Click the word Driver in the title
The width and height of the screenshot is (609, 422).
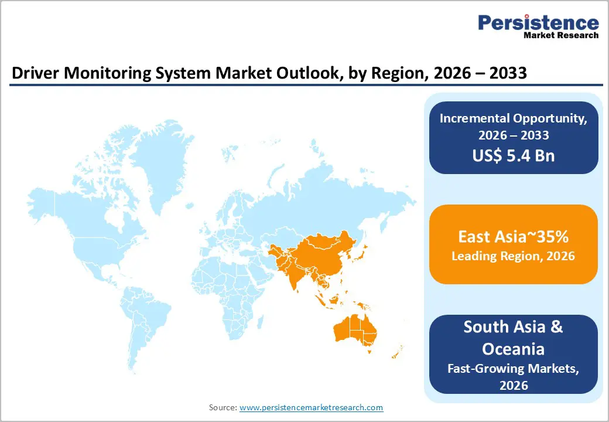(x=32, y=75)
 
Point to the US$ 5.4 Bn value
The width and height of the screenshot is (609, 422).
(x=514, y=155)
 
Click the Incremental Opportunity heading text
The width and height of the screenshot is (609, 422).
(x=514, y=118)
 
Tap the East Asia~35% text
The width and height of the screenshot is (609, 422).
(x=513, y=237)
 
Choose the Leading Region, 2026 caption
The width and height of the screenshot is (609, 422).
(x=513, y=256)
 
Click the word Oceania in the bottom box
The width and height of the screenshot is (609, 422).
(x=513, y=349)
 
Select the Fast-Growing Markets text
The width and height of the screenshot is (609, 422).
(x=513, y=369)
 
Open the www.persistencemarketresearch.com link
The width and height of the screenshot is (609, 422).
(x=311, y=407)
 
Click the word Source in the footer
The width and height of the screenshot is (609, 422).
(x=223, y=407)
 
